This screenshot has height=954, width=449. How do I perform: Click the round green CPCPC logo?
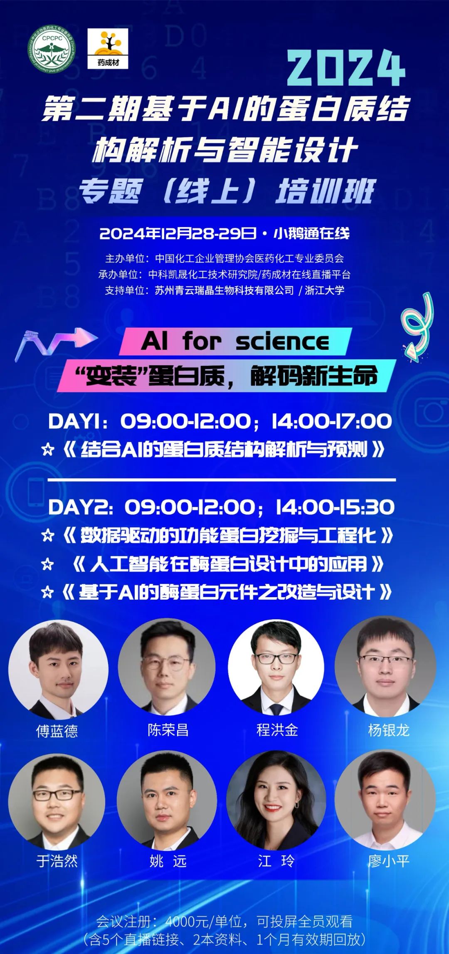point(52,49)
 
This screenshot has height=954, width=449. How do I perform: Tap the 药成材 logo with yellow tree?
point(108,49)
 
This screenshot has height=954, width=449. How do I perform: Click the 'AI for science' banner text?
point(235,342)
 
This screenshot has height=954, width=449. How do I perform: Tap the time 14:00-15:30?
point(335,507)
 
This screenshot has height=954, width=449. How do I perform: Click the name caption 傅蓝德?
point(57,731)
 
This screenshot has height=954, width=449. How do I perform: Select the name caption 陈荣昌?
point(168,730)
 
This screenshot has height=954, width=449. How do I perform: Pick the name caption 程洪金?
point(277,730)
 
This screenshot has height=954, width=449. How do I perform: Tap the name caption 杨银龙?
point(389,730)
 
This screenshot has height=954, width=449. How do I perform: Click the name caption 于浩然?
point(57,860)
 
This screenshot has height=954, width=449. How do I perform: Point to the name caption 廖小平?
point(389,860)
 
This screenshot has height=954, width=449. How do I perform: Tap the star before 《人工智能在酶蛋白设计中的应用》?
point(48,564)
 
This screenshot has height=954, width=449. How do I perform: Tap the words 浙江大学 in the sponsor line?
point(325,290)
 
